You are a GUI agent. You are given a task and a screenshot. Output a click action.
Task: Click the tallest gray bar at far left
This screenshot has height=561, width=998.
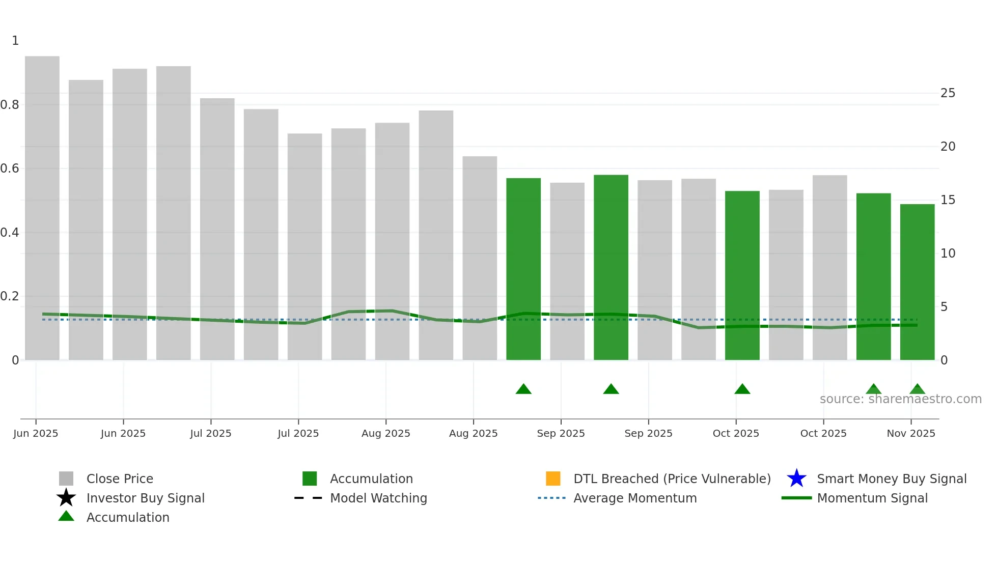42,204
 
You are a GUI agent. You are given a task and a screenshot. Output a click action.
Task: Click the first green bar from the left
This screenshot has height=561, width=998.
523,270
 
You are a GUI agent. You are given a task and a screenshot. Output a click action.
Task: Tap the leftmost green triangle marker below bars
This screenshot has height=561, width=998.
523,389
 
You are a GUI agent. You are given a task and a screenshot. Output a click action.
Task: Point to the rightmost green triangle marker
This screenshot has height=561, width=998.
917,389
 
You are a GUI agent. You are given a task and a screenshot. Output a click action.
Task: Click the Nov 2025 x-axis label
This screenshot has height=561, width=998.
911,433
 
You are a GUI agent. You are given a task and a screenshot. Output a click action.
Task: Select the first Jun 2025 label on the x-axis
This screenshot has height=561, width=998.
36,433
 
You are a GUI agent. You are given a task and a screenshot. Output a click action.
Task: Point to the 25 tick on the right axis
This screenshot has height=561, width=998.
948,93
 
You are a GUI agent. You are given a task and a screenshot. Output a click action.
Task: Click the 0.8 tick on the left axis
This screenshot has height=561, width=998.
10,105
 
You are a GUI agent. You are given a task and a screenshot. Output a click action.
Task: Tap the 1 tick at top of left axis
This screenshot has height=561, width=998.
15,41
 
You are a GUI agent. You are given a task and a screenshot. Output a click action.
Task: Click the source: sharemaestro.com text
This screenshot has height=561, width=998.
900,399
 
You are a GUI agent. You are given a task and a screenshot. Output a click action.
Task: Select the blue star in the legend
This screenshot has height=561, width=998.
796,479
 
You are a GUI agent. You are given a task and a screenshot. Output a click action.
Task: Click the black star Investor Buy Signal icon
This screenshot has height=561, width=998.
66,498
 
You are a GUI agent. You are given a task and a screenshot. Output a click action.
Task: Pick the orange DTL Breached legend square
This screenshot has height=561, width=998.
553,479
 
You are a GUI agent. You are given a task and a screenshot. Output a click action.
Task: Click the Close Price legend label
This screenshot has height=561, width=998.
120,479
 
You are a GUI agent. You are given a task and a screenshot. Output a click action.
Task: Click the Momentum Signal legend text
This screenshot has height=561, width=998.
872,498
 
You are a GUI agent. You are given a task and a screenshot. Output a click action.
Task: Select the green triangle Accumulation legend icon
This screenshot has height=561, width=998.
66,516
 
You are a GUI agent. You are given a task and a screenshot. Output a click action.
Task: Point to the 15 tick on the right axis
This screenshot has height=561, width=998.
948,200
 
